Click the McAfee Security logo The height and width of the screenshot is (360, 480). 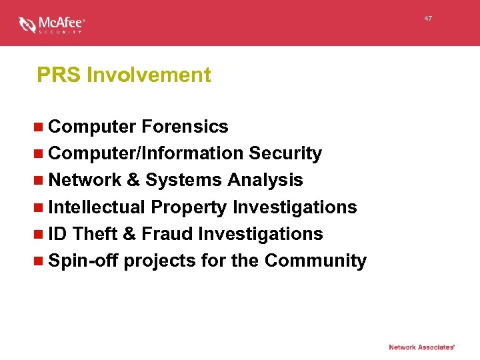coord(52,25)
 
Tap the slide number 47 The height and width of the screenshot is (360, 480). coord(428,19)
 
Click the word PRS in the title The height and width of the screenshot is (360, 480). coord(59,75)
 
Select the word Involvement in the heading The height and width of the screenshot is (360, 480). coord(149,75)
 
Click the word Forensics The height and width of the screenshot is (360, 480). coord(185,127)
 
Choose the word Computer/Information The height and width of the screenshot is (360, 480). coord(146,153)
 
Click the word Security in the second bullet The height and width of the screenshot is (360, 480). coord(285,153)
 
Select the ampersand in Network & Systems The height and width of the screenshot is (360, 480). coord(134,180)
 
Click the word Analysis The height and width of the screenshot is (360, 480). coord(265,180)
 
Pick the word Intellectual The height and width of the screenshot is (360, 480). coord(97,207)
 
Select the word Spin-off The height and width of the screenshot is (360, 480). coord(83,261)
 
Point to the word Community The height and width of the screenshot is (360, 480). coord(315,261)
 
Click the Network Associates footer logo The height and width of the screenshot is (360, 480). coord(421,347)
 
